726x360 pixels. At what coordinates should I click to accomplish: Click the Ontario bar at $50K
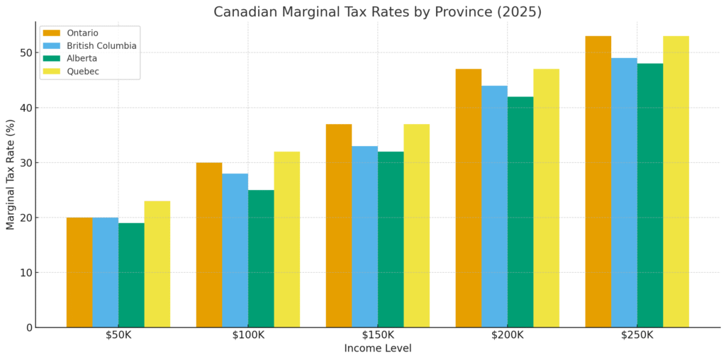[79, 272]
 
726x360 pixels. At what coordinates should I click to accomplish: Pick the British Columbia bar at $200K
[494, 206]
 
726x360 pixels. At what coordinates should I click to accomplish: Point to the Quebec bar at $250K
[676, 181]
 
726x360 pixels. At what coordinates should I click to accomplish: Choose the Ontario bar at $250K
[598, 181]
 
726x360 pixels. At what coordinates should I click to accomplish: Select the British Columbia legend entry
[101, 46]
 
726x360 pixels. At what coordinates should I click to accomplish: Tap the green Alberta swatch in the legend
[52, 59]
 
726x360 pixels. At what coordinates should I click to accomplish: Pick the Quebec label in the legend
[83, 72]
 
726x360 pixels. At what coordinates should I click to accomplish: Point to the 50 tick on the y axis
[26, 53]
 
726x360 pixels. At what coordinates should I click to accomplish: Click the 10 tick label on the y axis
[26, 273]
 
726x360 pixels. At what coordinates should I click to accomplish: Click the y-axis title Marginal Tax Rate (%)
[11, 174]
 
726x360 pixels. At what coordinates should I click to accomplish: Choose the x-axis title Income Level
[378, 349]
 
